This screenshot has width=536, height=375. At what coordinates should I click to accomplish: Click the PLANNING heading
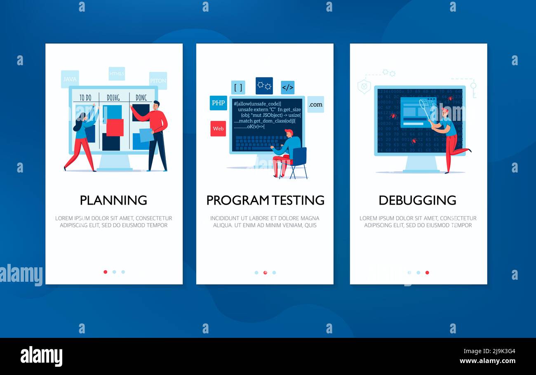tap(113, 200)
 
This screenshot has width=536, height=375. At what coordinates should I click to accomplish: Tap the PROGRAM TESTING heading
tap(265, 200)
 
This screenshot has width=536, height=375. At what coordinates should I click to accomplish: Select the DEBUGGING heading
tap(417, 200)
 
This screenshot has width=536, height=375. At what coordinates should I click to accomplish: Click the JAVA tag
tap(70, 79)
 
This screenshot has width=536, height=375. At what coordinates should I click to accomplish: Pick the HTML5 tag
tap(117, 74)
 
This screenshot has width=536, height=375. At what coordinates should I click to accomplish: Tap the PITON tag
tap(158, 80)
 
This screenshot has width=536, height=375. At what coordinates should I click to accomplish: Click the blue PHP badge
tap(218, 103)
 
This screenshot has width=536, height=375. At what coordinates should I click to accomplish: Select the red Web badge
tap(218, 128)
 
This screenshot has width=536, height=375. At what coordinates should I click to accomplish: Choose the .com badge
tap(315, 104)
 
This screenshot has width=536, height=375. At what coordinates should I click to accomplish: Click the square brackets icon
tap(238, 87)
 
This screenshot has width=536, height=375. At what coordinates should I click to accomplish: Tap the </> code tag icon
tap(287, 87)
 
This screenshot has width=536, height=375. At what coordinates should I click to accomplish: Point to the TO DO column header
tap(85, 98)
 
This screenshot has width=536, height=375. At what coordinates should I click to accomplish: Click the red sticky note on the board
tap(115, 127)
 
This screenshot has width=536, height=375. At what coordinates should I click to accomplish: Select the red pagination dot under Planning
tap(106, 272)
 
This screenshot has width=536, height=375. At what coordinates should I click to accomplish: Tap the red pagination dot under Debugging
tap(427, 272)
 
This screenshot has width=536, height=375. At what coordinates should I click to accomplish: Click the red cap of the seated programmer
tap(289, 132)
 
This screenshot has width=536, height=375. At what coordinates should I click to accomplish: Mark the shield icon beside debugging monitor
tap(364, 87)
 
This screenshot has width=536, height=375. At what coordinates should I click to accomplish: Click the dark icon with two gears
tap(264, 86)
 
